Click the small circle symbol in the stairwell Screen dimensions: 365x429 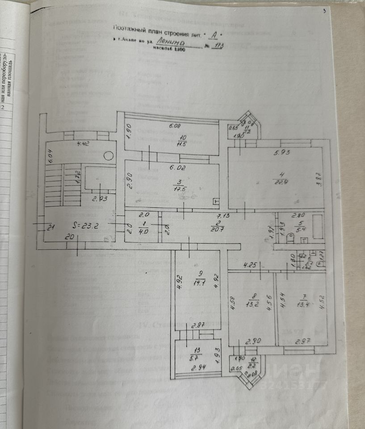[108, 156]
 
